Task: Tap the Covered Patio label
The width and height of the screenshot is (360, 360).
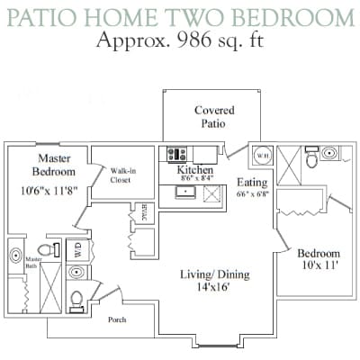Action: (x=213, y=117)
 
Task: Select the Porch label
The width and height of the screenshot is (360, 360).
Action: (x=117, y=319)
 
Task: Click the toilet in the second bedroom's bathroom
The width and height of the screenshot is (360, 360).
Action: (x=311, y=160)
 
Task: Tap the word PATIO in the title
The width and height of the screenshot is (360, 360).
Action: (x=45, y=16)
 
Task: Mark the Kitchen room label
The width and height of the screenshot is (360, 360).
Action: (x=194, y=170)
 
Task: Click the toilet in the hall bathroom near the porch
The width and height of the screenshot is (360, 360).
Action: (x=76, y=298)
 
